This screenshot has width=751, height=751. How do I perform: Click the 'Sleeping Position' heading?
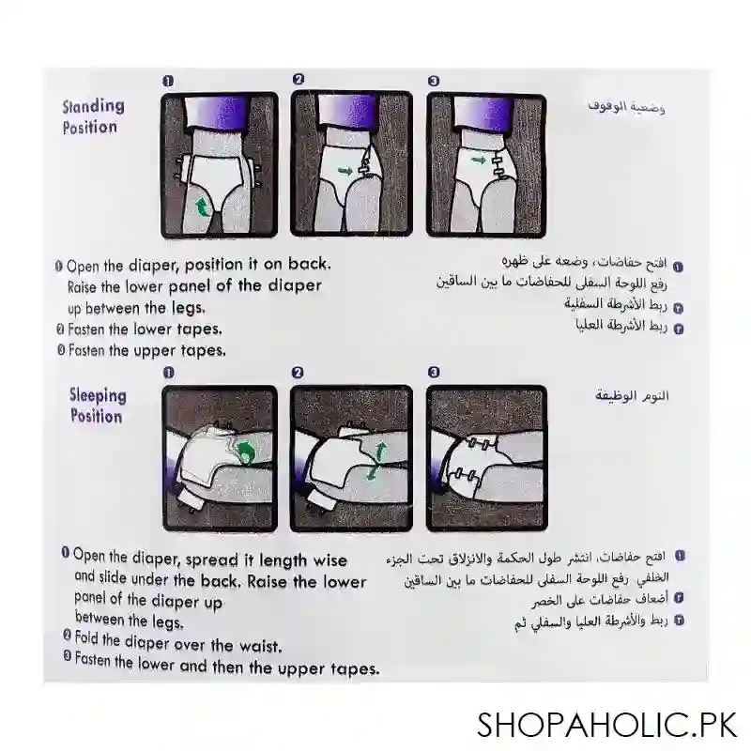tap(96, 406)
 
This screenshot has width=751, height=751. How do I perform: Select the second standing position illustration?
tap(350, 164)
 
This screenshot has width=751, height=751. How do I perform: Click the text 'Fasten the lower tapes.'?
tap(145, 330)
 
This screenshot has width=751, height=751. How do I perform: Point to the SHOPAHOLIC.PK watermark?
tap(606, 724)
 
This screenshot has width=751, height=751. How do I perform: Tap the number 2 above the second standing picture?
tap(299, 81)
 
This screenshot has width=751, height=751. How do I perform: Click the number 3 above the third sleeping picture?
tap(434, 373)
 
